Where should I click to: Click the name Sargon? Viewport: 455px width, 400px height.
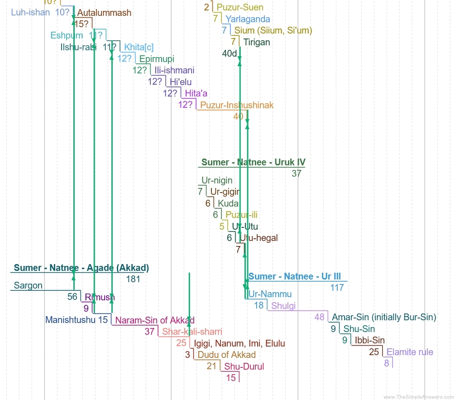coord(28,286)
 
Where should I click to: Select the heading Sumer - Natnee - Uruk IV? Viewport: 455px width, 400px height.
coord(253,163)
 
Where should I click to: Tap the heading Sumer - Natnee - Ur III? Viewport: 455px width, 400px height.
coord(295,277)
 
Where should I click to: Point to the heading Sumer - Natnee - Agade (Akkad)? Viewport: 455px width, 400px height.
coord(81,268)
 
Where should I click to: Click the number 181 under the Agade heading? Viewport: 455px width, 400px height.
coord(133,279)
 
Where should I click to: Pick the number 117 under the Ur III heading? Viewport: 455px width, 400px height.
coord(337,288)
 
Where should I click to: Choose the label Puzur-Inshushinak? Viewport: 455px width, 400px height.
coord(237,106)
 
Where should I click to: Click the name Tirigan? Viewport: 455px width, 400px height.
coord(256,42)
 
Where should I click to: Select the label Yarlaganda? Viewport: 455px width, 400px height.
coord(248,19)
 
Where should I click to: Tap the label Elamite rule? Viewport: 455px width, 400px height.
coord(410,352)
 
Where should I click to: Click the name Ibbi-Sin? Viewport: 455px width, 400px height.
coord(370,341)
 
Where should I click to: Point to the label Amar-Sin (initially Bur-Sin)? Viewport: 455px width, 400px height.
coord(384,317)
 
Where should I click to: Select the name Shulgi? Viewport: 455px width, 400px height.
coord(283,306)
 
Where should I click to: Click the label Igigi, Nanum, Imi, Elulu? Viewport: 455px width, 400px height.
coord(239,343)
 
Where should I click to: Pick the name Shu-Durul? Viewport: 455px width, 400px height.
coord(244,366)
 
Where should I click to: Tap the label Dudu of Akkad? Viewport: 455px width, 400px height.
coord(226,355)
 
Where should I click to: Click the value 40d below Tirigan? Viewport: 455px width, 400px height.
coord(230,53)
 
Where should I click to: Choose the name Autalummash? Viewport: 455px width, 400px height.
coord(104,13)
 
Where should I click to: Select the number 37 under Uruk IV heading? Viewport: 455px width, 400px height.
coord(297,173)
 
